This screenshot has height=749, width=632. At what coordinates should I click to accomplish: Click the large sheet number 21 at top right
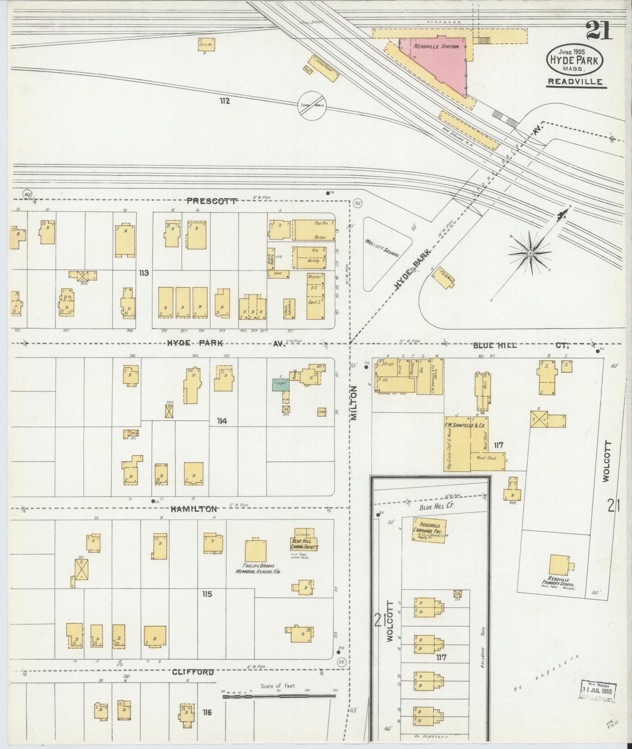pyautogui.click(x=598, y=31)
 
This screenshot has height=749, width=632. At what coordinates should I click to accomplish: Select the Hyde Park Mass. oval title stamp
pyautogui.click(x=574, y=60)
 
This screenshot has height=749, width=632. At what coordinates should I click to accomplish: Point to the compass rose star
pyautogui.click(x=530, y=253)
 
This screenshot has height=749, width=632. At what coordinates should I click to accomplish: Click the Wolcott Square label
pyautogui.click(x=382, y=248)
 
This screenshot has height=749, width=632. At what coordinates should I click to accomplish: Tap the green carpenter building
pyautogui.click(x=281, y=384)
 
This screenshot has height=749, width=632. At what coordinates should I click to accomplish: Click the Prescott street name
pyautogui.click(x=212, y=201)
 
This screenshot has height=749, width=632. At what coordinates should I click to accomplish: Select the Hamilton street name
pyautogui.click(x=193, y=509)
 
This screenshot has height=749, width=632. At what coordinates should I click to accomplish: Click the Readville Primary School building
pyautogui.click(x=560, y=565)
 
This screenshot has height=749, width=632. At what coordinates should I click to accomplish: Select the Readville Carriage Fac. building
pyautogui.click(x=430, y=529)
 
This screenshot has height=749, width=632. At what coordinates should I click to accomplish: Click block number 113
pyautogui.click(x=143, y=273)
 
